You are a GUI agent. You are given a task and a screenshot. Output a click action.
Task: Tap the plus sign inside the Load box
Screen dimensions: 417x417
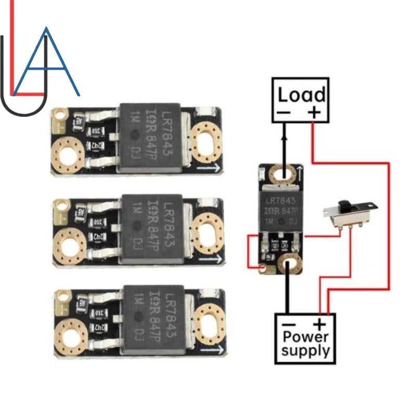313,112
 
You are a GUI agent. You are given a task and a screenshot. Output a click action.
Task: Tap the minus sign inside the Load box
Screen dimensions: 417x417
284,112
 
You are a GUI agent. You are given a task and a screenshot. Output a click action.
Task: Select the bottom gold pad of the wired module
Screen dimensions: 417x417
288,264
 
